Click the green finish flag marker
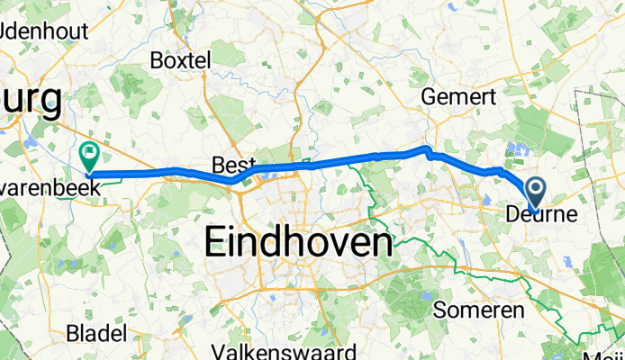pos(90,157)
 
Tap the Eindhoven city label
pos(299,243)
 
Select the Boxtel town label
pos(181,61)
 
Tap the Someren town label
pos(478,310)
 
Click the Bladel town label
pos(96,334)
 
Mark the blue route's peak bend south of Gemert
pos(427,148)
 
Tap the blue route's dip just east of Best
pos(233,180)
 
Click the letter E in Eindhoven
pos(219,243)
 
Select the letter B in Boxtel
pos(157,61)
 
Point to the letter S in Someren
pos(440,310)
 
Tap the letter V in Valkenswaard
pos(218,350)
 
